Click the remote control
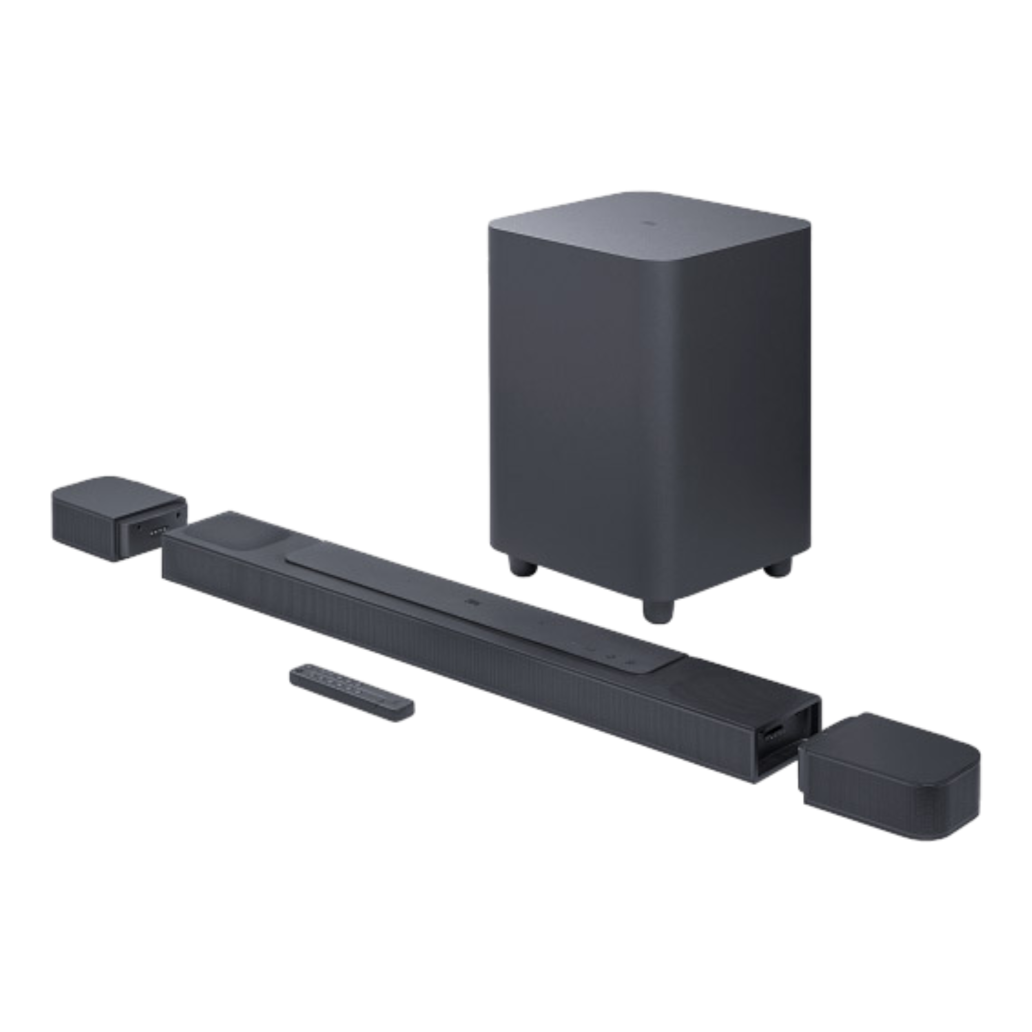(351, 692)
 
